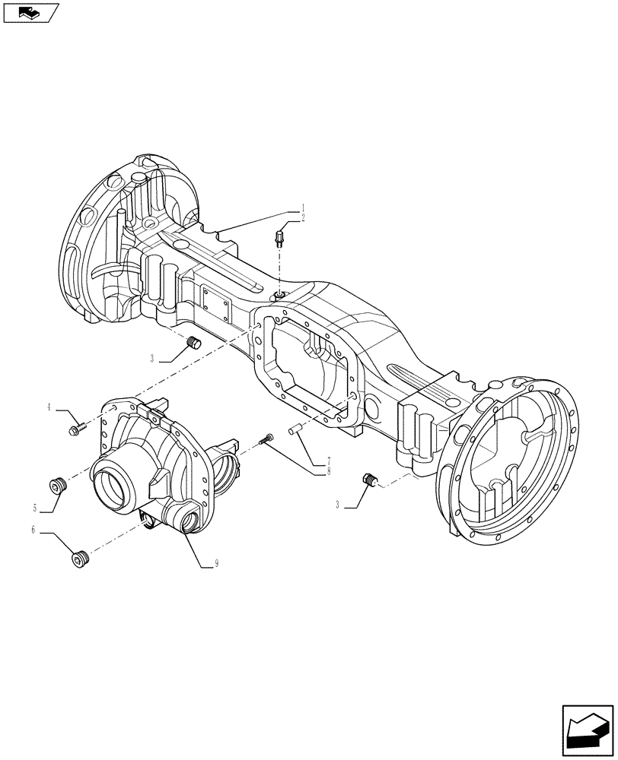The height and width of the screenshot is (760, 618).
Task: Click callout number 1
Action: (302, 207)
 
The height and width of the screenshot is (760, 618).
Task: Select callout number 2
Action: (302, 217)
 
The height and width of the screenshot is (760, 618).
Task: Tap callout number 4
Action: (49, 407)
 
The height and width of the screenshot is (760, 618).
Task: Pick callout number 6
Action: (33, 530)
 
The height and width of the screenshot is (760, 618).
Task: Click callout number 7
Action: (328, 461)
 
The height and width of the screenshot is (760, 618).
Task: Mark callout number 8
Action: (328, 470)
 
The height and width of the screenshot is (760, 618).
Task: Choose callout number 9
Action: (217, 563)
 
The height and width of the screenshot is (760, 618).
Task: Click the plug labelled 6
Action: (79, 560)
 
